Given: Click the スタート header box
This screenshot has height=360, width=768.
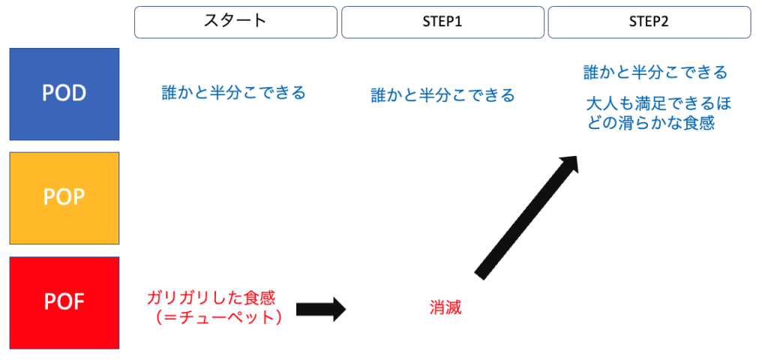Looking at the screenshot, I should (235, 22).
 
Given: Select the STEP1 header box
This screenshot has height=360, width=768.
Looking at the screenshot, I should (442, 22).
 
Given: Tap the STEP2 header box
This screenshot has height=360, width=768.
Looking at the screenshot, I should (649, 22).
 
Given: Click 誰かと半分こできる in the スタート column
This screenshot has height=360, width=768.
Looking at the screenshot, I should (234, 93).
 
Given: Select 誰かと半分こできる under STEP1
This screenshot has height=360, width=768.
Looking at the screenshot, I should (442, 95).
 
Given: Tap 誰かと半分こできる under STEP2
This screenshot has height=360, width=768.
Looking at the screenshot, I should (655, 73).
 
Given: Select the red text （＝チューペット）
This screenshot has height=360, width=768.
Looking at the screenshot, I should (216, 318).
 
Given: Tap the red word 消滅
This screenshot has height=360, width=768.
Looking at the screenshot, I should (445, 307).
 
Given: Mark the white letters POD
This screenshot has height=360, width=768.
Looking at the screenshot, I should (64, 93).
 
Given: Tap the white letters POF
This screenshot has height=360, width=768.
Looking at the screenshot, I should (64, 302).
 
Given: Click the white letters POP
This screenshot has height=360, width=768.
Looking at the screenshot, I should (64, 197).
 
